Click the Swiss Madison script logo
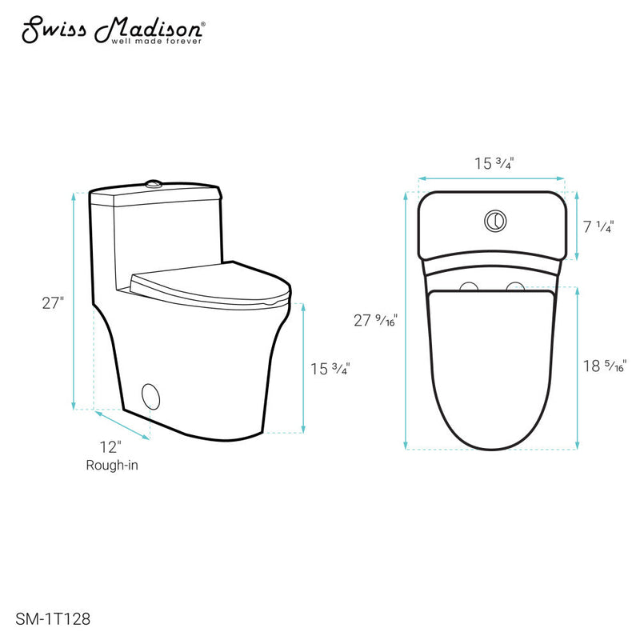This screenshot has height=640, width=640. (112, 30)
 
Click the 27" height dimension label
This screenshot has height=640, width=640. (53, 304)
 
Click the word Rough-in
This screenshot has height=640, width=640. (113, 465)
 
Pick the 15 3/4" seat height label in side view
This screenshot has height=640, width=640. (330, 369)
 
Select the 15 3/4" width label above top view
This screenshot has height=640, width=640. (493, 164)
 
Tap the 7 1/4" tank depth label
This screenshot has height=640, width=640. (598, 227)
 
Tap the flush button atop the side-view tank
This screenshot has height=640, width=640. (154, 186)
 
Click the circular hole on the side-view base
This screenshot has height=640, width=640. (150, 394)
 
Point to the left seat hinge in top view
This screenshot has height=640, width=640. (470, 286)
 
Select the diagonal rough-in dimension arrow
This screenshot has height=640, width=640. (122, 425)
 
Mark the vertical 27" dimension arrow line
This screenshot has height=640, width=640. (75, 301)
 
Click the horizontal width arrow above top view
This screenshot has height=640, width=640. (492, 178)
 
